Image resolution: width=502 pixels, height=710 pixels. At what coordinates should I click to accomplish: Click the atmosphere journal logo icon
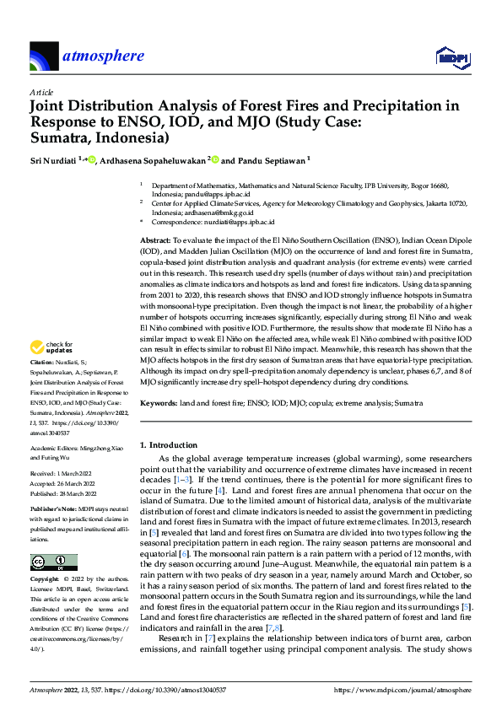click(43, 57)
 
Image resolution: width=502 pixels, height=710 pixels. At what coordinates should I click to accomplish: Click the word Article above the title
click(41, 92)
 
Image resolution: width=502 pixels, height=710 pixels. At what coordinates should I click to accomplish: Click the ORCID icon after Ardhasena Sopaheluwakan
click(215, 159)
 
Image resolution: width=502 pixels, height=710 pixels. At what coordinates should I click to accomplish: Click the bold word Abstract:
click(158, 241)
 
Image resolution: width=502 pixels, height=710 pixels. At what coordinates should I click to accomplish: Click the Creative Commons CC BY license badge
click(50, 562)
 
